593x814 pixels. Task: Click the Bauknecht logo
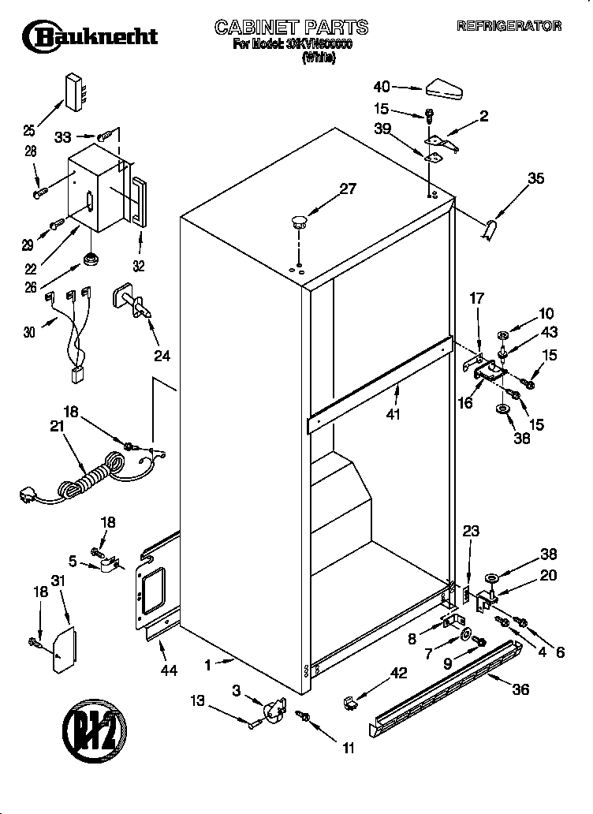[x=89, y=35]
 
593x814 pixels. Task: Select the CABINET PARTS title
[x=292, y=28]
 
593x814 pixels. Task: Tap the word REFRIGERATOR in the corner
[x=509, y=26]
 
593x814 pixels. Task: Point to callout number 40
[x=382, y=87]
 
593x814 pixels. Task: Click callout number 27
[x=348, y=189]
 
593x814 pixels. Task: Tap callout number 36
[x=520, y=689]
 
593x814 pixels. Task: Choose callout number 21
[x=56, y=427]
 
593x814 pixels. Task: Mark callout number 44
[x=168, y=671]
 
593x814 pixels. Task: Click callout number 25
[x=29, y=131]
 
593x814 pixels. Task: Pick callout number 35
[x=535, y=179]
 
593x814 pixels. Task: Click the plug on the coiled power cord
[x=28, y=496]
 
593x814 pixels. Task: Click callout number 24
[x=161, y=356]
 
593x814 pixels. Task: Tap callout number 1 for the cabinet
[x=207, y=665]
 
